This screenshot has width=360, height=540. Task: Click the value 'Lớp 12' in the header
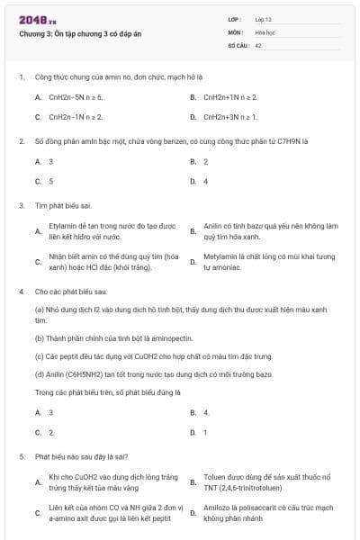point(263,18)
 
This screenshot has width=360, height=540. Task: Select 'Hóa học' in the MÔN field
point(264,31)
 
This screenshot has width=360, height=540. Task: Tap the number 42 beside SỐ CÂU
point(258,43)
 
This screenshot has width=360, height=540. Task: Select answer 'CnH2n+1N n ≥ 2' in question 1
point(230,96)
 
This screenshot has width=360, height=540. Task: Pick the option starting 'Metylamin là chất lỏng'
point(268,262)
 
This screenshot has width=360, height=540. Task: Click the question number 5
point(21,456)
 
